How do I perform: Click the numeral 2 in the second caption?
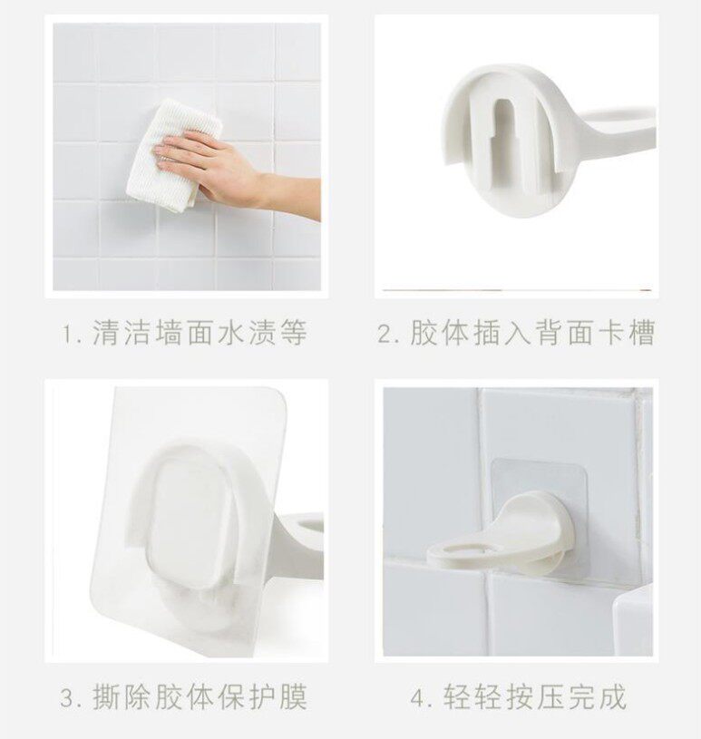[x=386, y=334]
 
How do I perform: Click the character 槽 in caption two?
[x=641, y=333]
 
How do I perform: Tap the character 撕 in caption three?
[x=106, y=697]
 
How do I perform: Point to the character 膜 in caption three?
[x=293, y=697]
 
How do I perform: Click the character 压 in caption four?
[x=550, y=697]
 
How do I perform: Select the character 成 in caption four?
[x=612, y=697]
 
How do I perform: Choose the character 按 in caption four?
[x=519, y=697]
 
